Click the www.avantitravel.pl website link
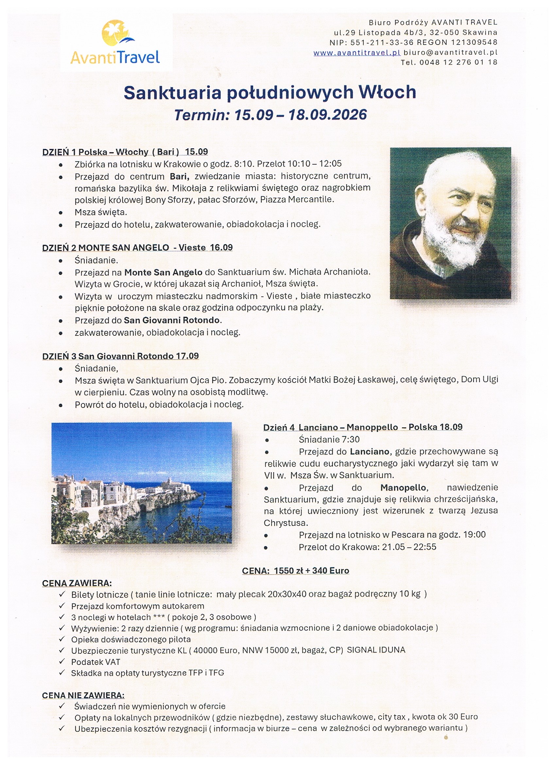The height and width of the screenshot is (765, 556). [x=357, y=53]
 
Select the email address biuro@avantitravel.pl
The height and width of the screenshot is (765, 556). [x=450, y=53]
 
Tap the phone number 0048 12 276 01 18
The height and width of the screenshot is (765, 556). [x=458, y=62]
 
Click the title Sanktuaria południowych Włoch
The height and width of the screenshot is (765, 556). [x=270, y=92]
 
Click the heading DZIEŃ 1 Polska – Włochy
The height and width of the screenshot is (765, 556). [x=125, y=152]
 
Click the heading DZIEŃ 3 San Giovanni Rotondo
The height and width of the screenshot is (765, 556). [x=120, y=356]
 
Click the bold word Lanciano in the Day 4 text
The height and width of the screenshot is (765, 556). [x=370, y=451]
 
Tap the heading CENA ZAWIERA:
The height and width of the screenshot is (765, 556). [x=77, y=583]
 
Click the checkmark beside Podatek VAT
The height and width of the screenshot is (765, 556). [x=62, y=662]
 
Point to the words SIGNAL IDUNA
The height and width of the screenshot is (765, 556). [x=376, y=650]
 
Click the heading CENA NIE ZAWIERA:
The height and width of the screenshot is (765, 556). [x=83, y=695]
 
